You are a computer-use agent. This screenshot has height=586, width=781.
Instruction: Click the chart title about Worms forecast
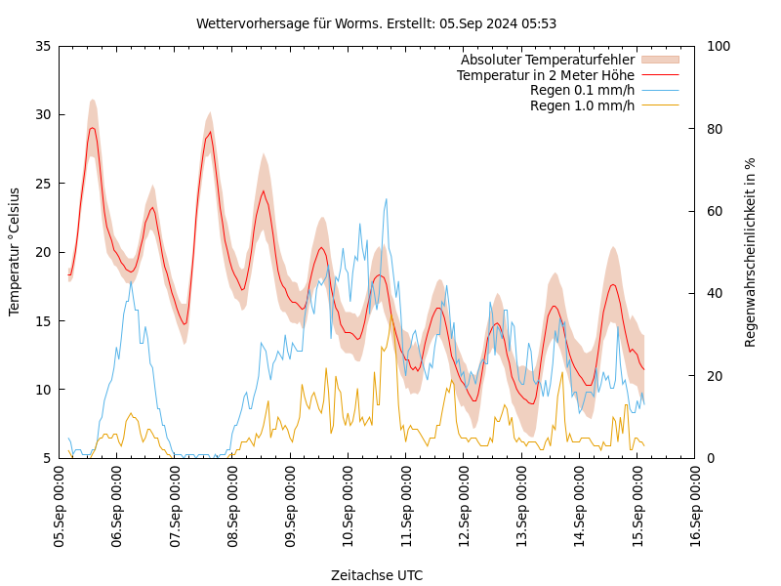point(376,23)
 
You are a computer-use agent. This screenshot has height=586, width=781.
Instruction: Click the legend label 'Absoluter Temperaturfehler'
point(547,61)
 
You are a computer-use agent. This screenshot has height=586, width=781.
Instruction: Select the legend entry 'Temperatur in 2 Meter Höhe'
point(545,75)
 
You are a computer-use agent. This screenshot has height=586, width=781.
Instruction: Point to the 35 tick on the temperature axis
point(42,46)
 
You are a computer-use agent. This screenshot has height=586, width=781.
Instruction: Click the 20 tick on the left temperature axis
point(42,252)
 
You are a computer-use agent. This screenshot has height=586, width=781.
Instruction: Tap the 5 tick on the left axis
point(46,458)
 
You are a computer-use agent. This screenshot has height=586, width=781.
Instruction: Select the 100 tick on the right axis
point(718,46)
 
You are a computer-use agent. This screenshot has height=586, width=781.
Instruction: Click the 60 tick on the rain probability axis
point(714,211)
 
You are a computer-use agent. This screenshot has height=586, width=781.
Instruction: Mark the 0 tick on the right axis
point(710,458)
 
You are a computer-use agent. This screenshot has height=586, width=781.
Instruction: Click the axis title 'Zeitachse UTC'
point(376,575)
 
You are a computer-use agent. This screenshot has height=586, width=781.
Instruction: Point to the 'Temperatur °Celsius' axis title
point(15,252)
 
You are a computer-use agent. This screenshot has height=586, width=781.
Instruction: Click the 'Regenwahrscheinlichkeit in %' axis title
point(751,252)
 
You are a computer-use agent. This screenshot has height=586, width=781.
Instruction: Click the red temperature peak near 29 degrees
point(92,128)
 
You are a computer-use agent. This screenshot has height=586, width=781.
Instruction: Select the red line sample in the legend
point(659,75)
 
